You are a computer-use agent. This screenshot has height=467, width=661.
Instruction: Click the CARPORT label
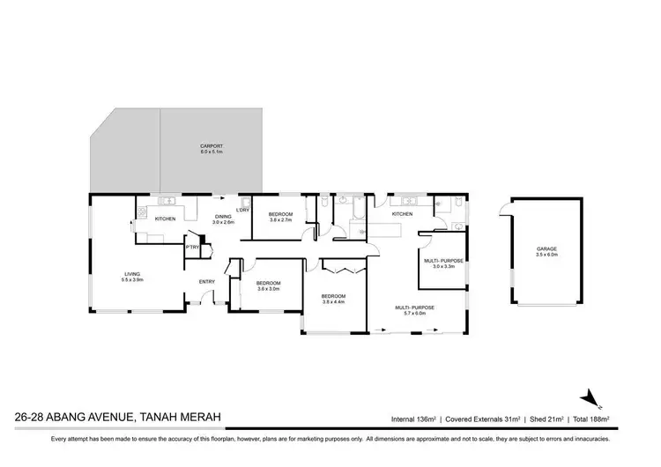pos(211,146)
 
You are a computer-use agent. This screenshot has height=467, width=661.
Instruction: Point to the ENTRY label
pos(207,281)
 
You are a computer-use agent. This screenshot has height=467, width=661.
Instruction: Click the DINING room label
pos(223,217)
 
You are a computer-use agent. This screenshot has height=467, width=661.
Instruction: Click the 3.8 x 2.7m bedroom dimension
pos(280,220)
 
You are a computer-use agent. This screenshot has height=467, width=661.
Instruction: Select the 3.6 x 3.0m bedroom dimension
pos(268,289)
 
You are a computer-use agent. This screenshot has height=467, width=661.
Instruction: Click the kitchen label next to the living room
pos(165,219)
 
